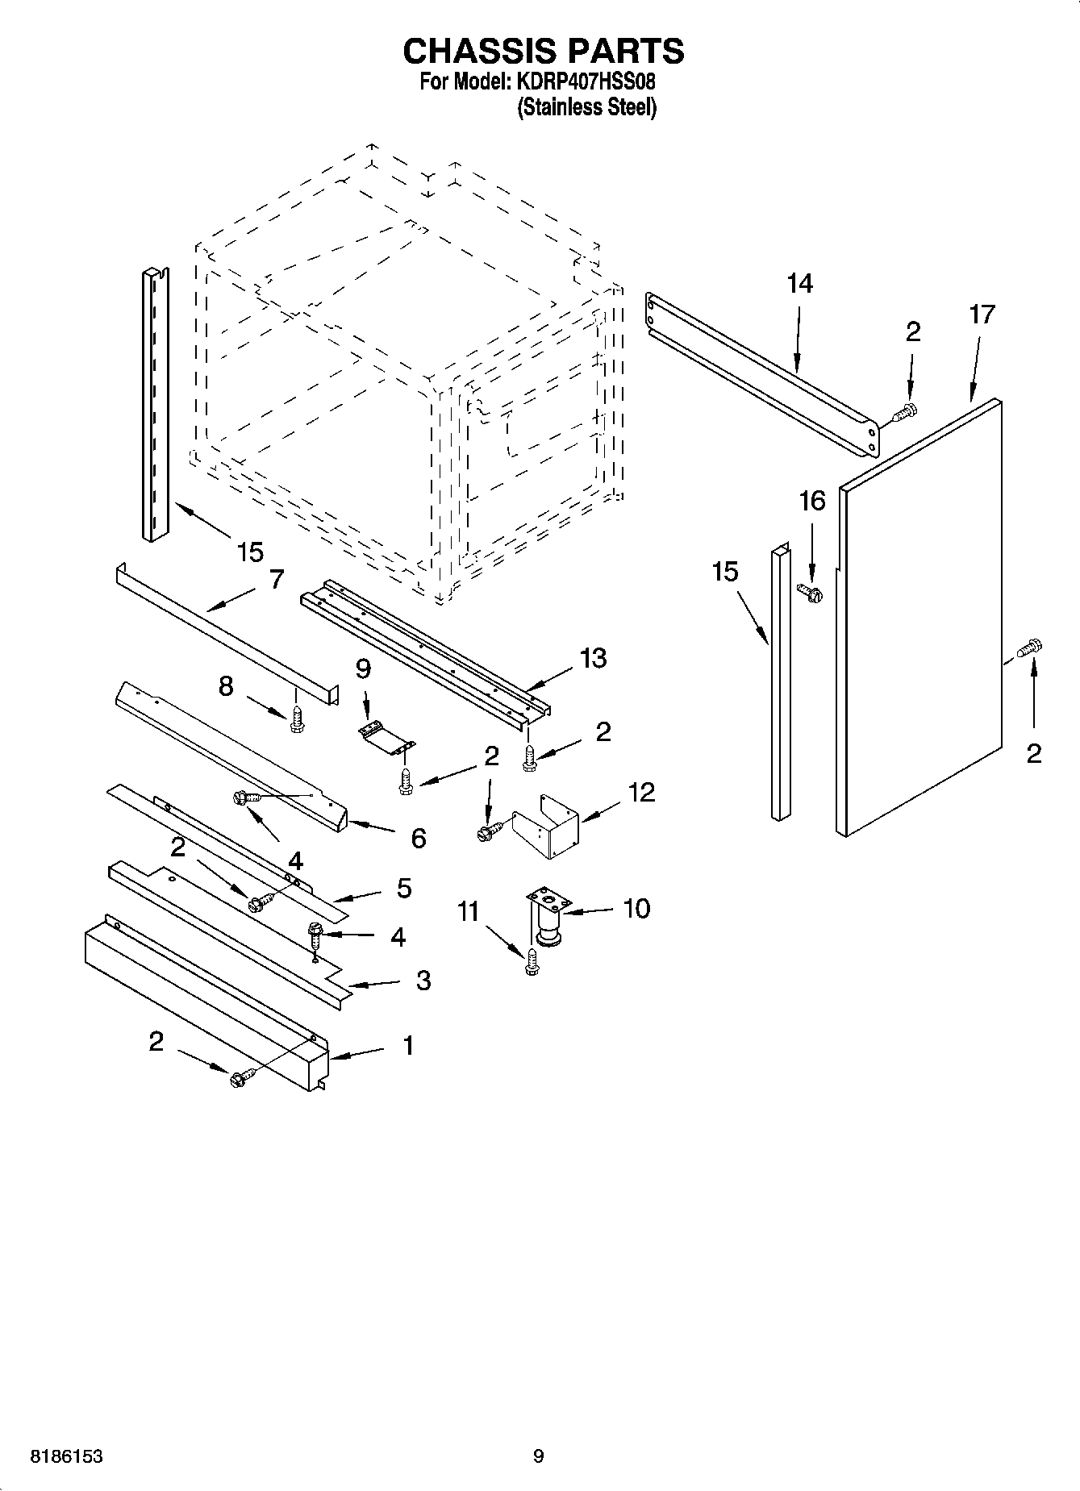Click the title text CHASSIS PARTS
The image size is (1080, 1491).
coord(543,51)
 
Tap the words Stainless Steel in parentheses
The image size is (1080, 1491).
coord(586,107)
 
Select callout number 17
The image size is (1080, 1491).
coord(982,314)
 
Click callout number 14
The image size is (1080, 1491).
coord(799,284)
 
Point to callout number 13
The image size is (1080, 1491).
coord(593,658)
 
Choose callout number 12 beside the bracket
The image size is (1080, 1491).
coord(641,792)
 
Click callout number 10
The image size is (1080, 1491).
coord(636,908)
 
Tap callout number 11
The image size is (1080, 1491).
coord(468,912)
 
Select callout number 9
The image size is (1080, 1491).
coord(363,668)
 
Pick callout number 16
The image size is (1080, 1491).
coord(811,501)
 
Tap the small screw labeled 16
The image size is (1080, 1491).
coord(810,593)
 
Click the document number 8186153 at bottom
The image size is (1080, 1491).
coord(67,1456)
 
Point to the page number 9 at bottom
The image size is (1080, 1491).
coord(539,1456)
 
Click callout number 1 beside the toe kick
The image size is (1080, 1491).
coord(407,1046)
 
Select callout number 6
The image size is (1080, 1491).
coord(418,839)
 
